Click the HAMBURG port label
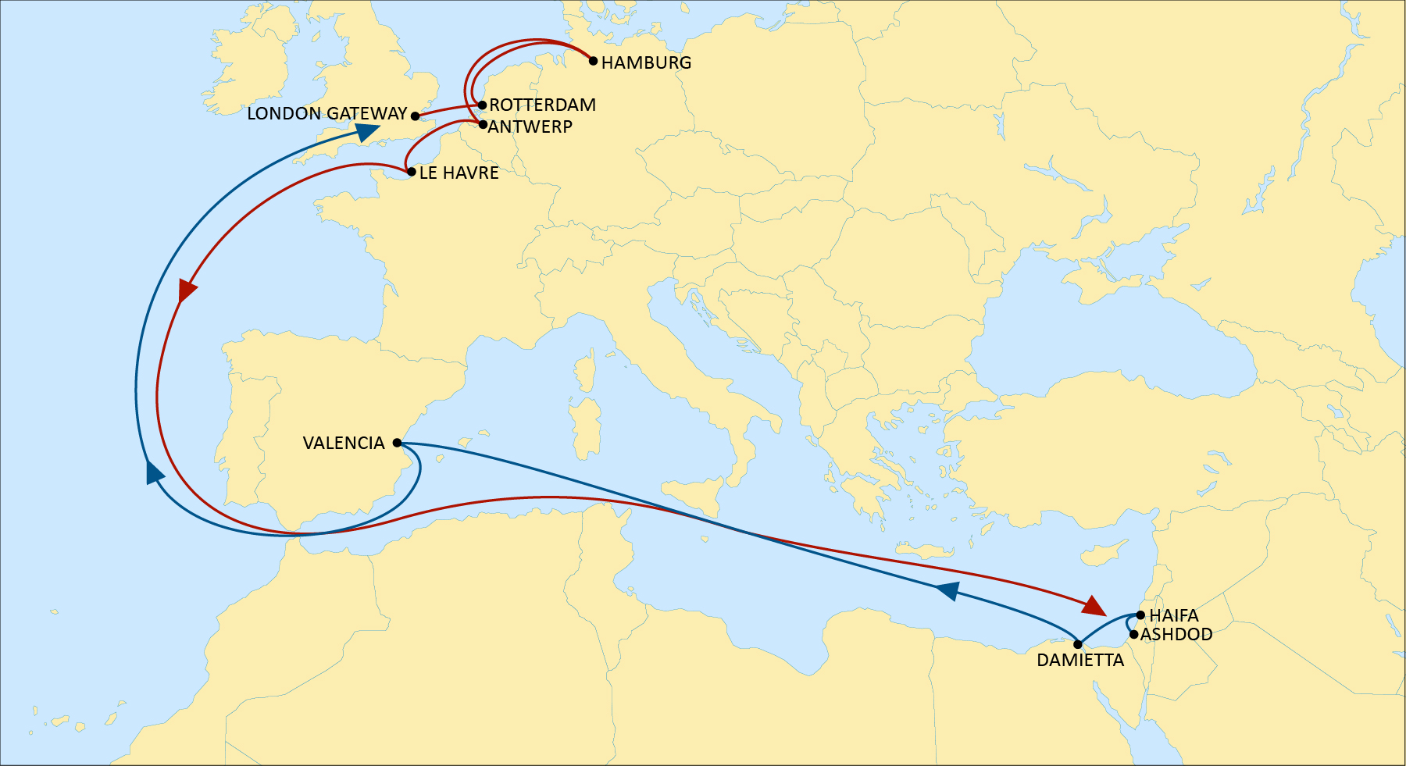click(646, 62)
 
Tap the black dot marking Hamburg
click(594, 61)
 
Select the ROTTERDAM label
click(542, 105)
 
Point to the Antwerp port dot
click(483, 125)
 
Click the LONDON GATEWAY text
click(327, 114)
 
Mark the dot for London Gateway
click(415, 116)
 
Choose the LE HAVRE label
click(459, 173)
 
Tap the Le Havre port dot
click(411, 172)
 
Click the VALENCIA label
click(343, 444)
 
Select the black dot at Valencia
click(397, 443)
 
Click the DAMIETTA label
click(1079, 661)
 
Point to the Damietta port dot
click(1078, 645)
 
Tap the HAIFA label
click(1173, 616)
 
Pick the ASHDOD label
click(1176, 635)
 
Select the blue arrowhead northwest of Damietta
click(947, 591)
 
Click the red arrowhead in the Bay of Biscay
click(187, 290)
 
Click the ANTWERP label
click(530, 126)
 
